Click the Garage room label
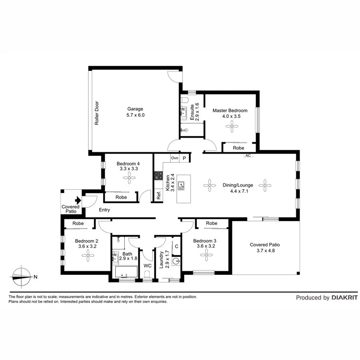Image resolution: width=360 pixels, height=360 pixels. (135, 109)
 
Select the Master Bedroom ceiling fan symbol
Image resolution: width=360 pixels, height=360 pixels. (231, 127)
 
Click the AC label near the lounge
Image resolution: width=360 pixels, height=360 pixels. (248, 156)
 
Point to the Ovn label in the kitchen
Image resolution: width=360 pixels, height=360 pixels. (174, 158)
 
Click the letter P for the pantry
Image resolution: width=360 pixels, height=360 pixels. (184, 158)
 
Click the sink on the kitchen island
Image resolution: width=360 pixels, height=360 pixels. (182, 185)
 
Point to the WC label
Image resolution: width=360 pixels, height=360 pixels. (147, 266)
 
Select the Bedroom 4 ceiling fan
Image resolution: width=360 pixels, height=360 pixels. (129, 180)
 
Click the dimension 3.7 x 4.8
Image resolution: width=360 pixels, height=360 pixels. (264, 251)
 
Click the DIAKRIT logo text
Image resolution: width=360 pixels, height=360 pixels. (344, 298)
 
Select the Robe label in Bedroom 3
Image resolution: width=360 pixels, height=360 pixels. (212, 223)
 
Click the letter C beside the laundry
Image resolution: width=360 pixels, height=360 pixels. (176, 246)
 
